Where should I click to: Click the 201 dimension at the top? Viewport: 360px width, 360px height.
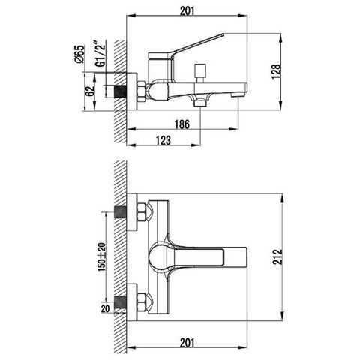click(x=187, y=10)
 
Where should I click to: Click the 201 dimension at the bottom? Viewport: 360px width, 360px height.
click(x=187, y=343)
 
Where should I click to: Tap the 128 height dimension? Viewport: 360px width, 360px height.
click(x=276, y=72)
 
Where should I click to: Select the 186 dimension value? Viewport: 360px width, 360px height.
click(x=182, y=124)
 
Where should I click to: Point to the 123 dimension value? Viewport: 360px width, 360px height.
click(x=163, y=140)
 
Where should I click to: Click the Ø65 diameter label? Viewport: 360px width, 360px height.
click(x=80, y=54)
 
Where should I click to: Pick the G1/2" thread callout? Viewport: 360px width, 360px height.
click(x=100, y=53)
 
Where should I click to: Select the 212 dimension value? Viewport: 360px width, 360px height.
click(x=277, y=256)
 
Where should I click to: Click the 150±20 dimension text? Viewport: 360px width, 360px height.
click(x=102, y=257)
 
